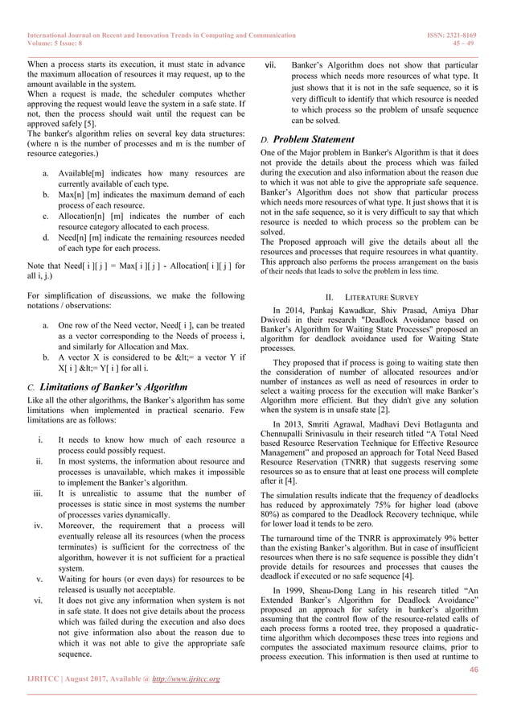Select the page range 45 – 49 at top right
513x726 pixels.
[x=475, y=45]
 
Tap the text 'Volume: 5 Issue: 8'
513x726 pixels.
[x=58, y=45]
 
